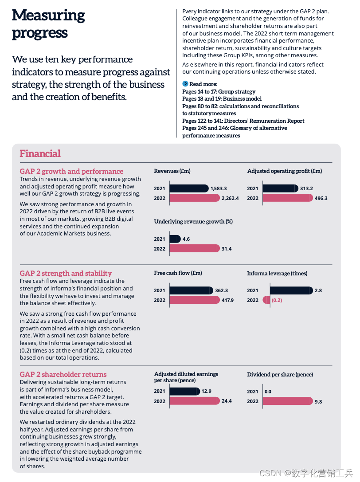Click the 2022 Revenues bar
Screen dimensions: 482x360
(x=194, y=198)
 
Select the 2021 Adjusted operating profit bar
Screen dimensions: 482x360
(x=280, y=188)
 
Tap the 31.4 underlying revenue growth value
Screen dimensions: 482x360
(x=227, y=249)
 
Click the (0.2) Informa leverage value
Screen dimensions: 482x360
(x=277, y=300)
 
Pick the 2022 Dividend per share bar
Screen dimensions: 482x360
(x=287, y=401)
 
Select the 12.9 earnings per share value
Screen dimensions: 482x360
(x=207, y=391)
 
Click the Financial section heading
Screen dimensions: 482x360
(x=40, y=154)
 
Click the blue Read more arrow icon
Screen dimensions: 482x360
(x=185, y=84)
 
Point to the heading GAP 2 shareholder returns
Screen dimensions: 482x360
(x=63, y=374)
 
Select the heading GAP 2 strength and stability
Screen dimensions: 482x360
(x=66, y=273)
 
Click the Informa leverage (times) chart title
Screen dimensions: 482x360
(x=277, y=274)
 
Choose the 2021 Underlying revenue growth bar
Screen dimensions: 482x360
(x=175, y=239)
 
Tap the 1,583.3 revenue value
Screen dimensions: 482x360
(x=219, y=188)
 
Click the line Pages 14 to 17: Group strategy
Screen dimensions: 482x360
(x=219, y=91)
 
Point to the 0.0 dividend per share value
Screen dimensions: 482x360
(x=268, y=392)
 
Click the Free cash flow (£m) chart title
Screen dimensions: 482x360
(x=178, y=273)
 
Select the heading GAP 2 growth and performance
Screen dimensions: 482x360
(x=71, y=171)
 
